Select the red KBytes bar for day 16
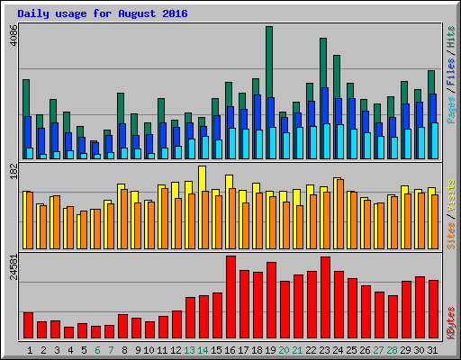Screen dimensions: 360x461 coord(230,297)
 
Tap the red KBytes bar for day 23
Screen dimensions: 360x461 coord(325,298)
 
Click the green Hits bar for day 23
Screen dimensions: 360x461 coord(323,81)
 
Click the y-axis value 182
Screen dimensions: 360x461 coord(12,173)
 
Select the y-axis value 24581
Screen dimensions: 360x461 coord(12,267)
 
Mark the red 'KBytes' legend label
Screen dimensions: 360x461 coord(450,322)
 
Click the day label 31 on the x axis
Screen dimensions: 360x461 coord(433,348)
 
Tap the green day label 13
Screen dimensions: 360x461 coord(189,348)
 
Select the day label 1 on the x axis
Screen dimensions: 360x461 coord(29,348)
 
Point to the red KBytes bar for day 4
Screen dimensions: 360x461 coord(68,332)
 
